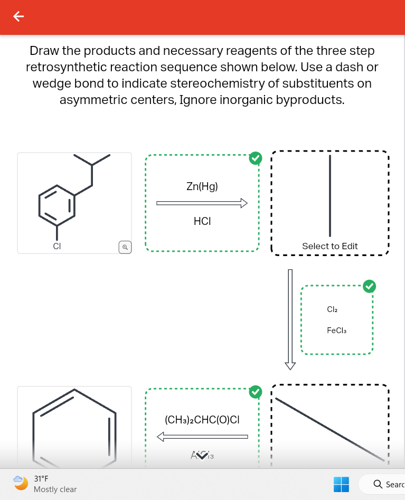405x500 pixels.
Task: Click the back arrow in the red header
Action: pyautogui.click(x=18, y=17)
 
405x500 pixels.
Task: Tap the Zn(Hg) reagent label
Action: pyautogui.click(x=202, y=186)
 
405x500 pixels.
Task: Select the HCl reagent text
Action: pyautogui.click(x=202, y=222)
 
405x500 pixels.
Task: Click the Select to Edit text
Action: pyautogui.click(x=329, y=246)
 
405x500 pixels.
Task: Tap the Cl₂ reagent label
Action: pyautogui.click(x=332, y=309)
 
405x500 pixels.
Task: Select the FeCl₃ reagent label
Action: pyautogui.click(x=336, y=331)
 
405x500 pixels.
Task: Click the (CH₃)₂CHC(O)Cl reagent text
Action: pyautogui.click(x=202, y=420)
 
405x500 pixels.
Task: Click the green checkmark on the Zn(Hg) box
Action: pyautogui.click(x=256, y=157)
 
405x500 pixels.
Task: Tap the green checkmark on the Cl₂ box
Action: pyautogui.click(x=370, y=286)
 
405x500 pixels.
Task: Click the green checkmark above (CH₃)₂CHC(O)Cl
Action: pyautogui.click(x=256, y=391)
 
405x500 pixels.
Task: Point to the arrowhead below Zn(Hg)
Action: pyautogui.click(x=243, y=203)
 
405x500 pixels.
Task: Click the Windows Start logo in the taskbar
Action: pyautogui.click(x=341, y=484)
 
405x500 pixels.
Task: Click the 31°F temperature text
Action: pyautogui.click(x=41, y=479)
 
